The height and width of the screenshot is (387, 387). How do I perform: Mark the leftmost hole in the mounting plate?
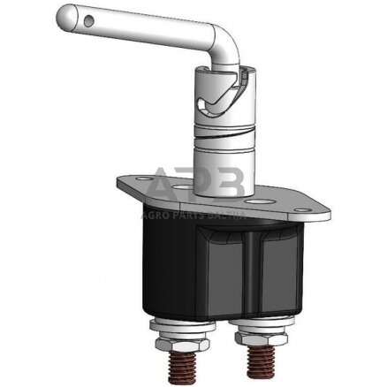(131, 182)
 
